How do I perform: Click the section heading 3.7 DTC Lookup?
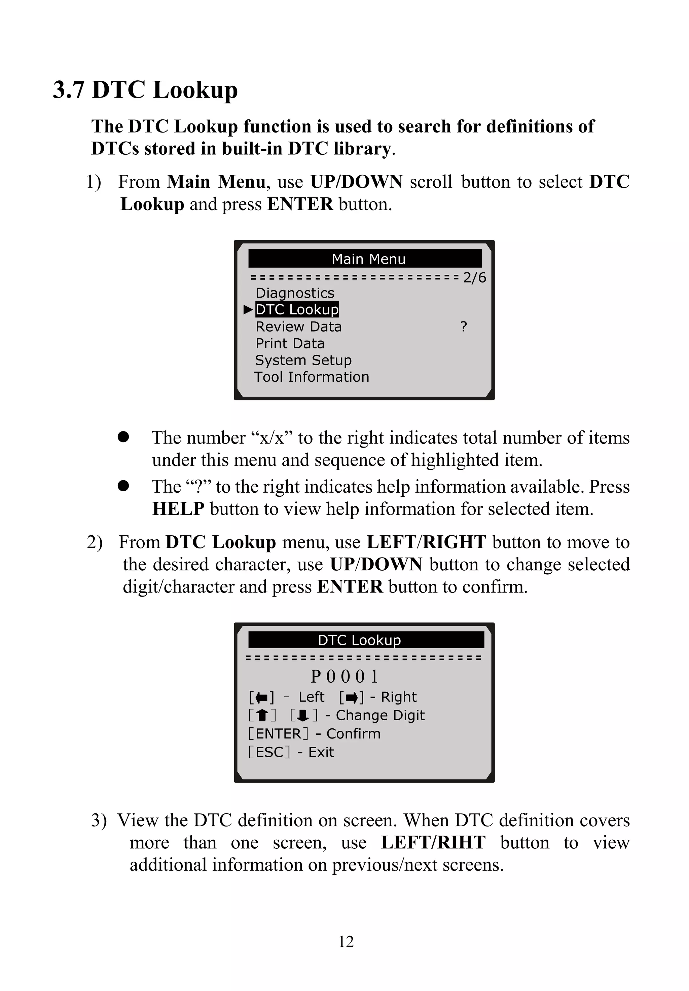pyautogui.click(x=145, y=90)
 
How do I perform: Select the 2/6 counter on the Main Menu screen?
pyautogui.click(x=474, y=277)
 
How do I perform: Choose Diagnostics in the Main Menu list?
pyautogui.click(x=295, y=293)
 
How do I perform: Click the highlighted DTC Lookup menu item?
pyautogui.click(x=297, y=309)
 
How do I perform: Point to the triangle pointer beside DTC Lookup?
pyautogui.click(x=248, y=309)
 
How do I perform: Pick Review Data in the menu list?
pyautogui.click(x=298, y=327)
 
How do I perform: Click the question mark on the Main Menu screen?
pyautogui.click(x=464, y=327)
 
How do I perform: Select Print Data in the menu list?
pyautogui.click(x=290, y=343)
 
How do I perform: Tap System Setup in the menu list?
pyautogui.click(x=303, y=360)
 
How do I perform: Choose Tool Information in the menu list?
pyautogui.click(x=311, y=377)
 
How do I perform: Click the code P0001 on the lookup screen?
pyautogui.click(x=344, y=676)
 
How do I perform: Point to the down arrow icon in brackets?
pyautogui.click(x=303, y=715)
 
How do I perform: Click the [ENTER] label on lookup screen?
pyautogui.click(x=279, y=733)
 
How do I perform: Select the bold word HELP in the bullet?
pyautogui.click(x=178, y=509)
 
